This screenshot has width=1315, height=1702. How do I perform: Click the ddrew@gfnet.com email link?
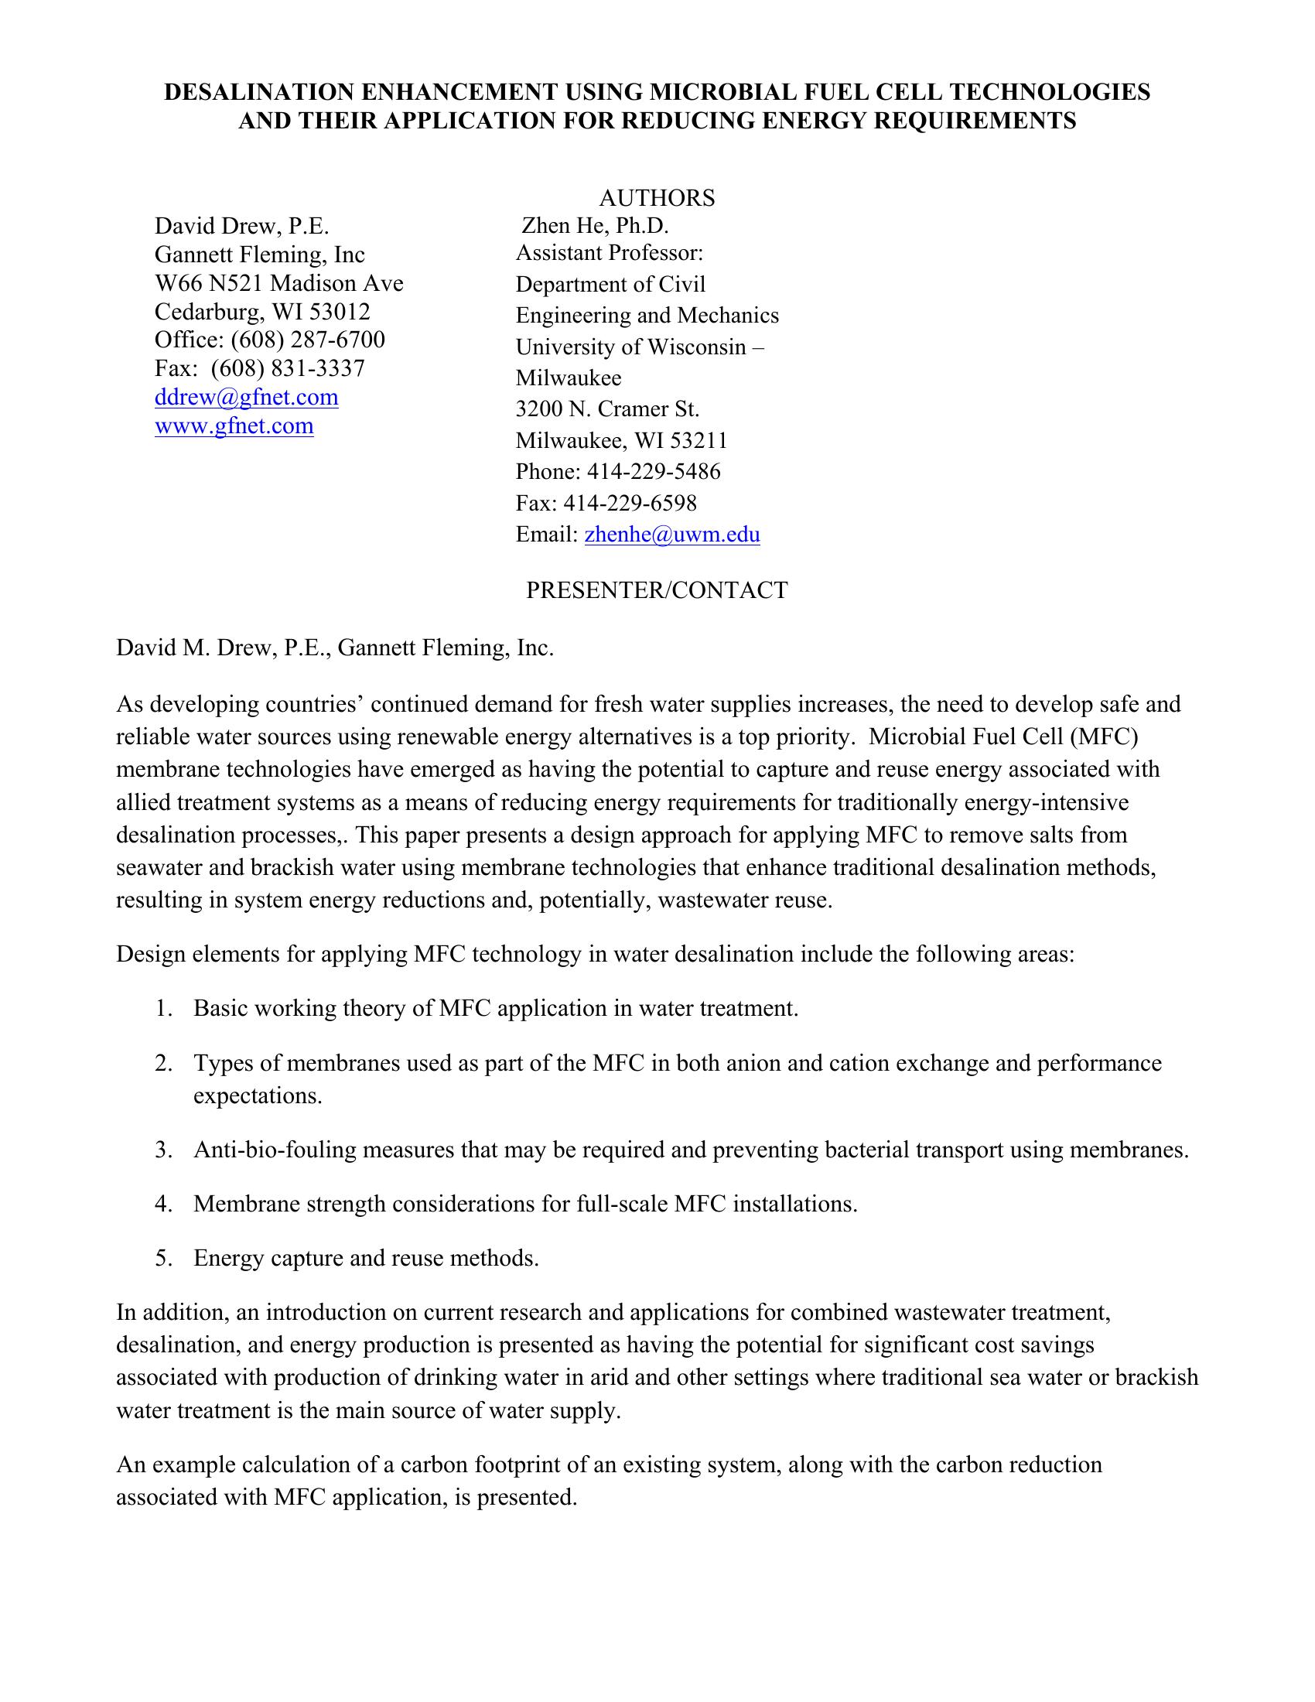(246, 398)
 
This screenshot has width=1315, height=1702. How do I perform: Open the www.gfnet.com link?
(234, 426)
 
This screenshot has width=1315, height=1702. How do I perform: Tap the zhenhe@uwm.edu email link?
(671, 535)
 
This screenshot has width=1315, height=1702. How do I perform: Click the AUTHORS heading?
(657, 198)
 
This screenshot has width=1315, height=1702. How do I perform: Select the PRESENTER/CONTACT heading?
(657, 590)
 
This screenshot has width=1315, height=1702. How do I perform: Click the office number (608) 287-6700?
(308, 340)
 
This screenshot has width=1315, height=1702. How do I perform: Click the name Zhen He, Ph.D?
(595, 226)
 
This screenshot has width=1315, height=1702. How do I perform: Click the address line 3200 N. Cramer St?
(608, 409)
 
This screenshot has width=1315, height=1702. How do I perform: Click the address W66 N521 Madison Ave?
(279, 283)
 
